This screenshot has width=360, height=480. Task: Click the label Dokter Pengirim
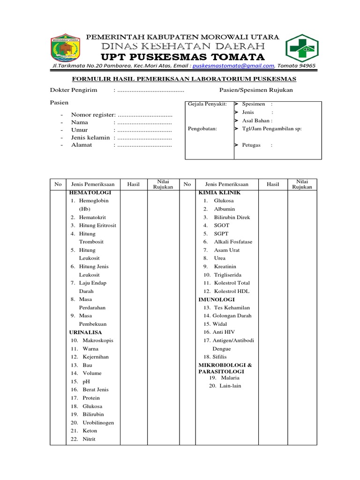(x=74, y=90)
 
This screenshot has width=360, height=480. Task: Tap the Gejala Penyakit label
(x=207, y=104)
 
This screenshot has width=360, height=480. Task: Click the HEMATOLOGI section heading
(x=90, y=193)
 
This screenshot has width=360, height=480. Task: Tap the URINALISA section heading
(x=85, y=332)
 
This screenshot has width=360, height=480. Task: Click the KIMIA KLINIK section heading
(x=219, y=193)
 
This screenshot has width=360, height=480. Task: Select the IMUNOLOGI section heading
(x=217, y=299)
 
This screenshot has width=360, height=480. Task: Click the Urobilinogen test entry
(x=98, y=423)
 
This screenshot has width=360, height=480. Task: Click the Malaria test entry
(x=230, y=377)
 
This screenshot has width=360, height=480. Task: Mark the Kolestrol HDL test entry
(x=232, y=291)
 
